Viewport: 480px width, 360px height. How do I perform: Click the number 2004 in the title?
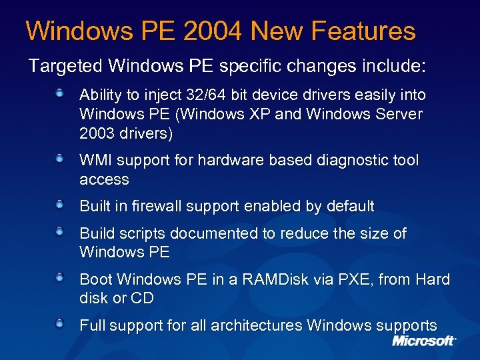pos(214,31)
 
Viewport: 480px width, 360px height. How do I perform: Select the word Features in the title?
pos(363,31)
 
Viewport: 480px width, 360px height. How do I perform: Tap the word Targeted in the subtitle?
pos(65,67)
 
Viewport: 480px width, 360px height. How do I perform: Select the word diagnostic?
pos(342,161)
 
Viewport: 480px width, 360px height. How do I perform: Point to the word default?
pos(350,207)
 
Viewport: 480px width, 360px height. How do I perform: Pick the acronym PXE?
pos(356,280)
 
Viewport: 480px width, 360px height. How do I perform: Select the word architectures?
pos(256,326)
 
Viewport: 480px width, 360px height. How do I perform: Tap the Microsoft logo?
pos(424,341)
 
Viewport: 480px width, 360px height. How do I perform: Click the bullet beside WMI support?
pos(60,159)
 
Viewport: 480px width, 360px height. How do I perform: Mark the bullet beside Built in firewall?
pos(60,205)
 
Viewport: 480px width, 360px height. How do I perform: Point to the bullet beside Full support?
pos(60,325)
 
